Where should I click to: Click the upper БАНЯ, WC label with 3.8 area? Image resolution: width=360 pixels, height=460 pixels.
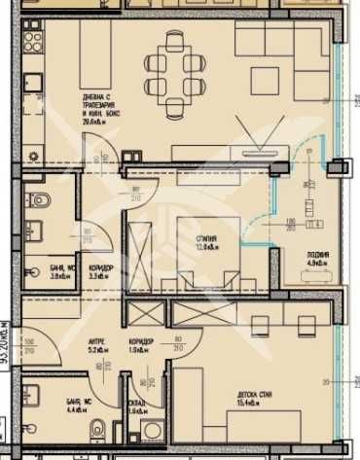[x=65, y=269]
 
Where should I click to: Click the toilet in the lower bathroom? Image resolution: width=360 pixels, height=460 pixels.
[x=95, y=435]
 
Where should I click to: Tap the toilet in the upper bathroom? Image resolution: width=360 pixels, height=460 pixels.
[x=40, y=201]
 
